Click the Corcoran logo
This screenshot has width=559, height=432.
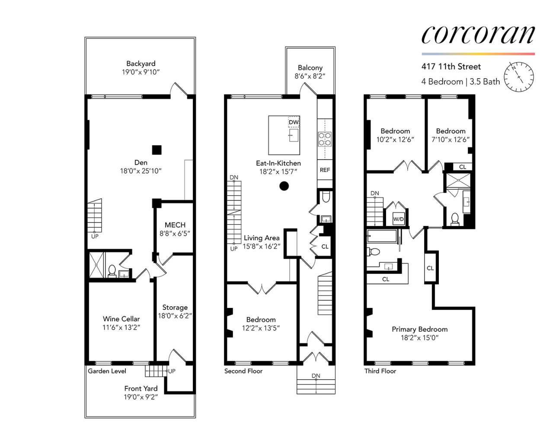(478, 34)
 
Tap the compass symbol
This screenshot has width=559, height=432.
(519, 77)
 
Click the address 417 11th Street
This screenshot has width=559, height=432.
(451, 67)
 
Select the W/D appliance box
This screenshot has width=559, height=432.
(398, 219)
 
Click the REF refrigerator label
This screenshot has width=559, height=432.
(325, 170)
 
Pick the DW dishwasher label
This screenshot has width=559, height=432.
(294, 122)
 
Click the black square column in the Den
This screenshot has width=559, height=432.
(157, 150)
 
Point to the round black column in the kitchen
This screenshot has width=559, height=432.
(284, 186)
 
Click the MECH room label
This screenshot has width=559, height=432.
(175, 225)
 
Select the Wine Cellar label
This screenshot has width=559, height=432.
(121, 319)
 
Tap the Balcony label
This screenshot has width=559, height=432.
(310, 67)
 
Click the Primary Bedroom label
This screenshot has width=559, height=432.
(419, 329)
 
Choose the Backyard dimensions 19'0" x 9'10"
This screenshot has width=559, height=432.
(141, 72)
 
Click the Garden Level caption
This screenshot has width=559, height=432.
(107, 371)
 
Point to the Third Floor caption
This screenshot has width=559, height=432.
(380, 371)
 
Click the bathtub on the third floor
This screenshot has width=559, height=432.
(381, 236)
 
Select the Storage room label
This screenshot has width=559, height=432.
(175, 308)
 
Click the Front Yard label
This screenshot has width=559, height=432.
(141, 388)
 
